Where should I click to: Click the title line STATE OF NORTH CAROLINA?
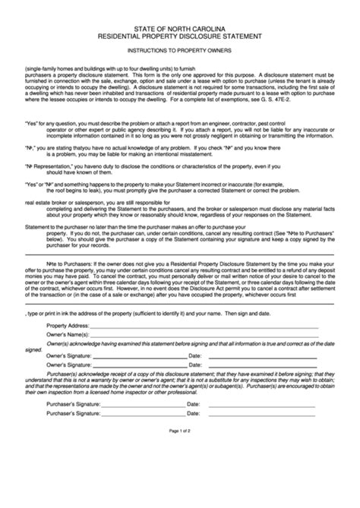[180, 27]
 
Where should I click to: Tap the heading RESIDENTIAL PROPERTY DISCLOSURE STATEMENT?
[180, 35]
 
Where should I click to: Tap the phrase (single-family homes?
[49, 68]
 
